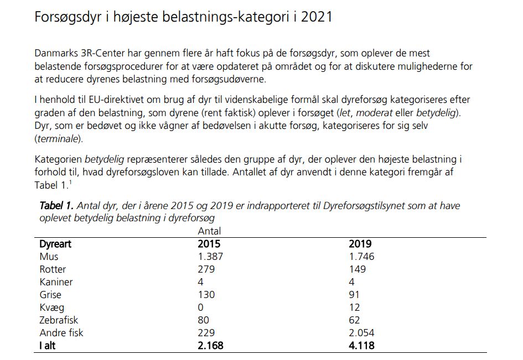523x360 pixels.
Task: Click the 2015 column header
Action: tap(209, 244)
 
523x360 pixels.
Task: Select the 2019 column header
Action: tap(360, 244)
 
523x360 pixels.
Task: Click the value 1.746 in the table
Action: tap(361, 257)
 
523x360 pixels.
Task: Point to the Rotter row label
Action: tap(53, 269)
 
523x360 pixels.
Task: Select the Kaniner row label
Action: tap(56, 282)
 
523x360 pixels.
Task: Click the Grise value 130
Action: tap(206, 295)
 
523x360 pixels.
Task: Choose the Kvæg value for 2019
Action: tap(354, 307)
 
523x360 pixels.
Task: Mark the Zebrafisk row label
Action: tap(59, 320)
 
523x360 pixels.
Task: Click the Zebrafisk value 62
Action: tap(354, 320)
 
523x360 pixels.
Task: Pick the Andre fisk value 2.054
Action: tap(361, 333)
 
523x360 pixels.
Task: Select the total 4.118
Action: tap(362, 346)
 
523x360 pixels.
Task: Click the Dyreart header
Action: tap(55, 244)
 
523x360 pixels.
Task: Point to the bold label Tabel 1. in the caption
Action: tap(55, 206)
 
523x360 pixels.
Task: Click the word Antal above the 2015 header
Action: tap(209, 231)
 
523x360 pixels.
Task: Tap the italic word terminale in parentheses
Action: tap(57, 138)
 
